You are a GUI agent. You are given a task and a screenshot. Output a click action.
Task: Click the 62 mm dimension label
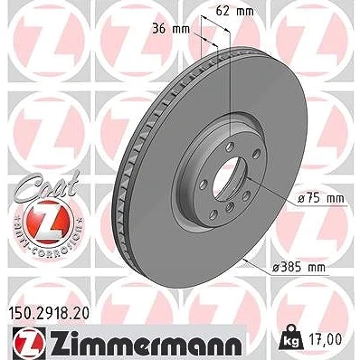pos(235,12)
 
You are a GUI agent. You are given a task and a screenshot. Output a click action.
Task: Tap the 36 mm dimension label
pos(171,29)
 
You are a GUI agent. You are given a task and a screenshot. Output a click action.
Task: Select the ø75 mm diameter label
pos(320,198)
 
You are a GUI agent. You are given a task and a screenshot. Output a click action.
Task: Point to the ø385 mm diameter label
pos(298,267)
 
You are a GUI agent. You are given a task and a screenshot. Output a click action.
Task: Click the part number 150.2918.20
pos(48,313)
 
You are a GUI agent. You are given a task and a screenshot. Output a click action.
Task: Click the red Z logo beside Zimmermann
pos(29,342)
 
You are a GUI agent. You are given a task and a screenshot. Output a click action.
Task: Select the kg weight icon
pos(291,338)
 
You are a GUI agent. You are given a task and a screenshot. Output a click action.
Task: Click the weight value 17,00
pos(326,339)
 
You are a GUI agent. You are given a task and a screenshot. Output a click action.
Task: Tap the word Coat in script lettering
pos(47,185)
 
